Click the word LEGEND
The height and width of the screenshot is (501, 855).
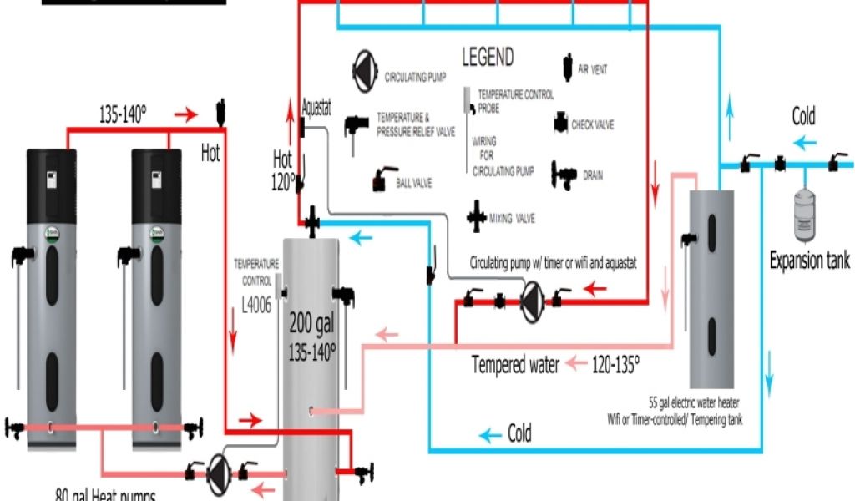[488, 58]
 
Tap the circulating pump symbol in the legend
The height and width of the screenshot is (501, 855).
[365, 67]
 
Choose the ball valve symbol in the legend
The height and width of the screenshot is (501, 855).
[382, 180]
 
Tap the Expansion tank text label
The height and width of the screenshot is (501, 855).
[809, 261]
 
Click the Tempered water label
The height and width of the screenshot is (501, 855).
[515, 365]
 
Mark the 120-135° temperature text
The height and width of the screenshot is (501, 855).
[615, 364]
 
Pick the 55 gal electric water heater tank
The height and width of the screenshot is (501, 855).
[711, 284]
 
